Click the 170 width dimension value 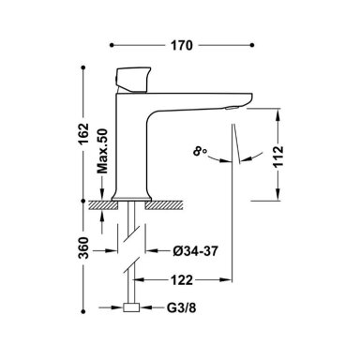tap(182, 46)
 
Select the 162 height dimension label tap(83, 134)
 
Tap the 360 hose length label tap(83, 247)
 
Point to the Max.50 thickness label tap(102, 151)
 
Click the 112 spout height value tap(278, 157)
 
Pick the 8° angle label tap(200, 152)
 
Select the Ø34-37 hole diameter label tap(195, 251)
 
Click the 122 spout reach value tap(182, 280)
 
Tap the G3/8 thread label tap(181, 308)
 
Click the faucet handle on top tap(132, 80)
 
